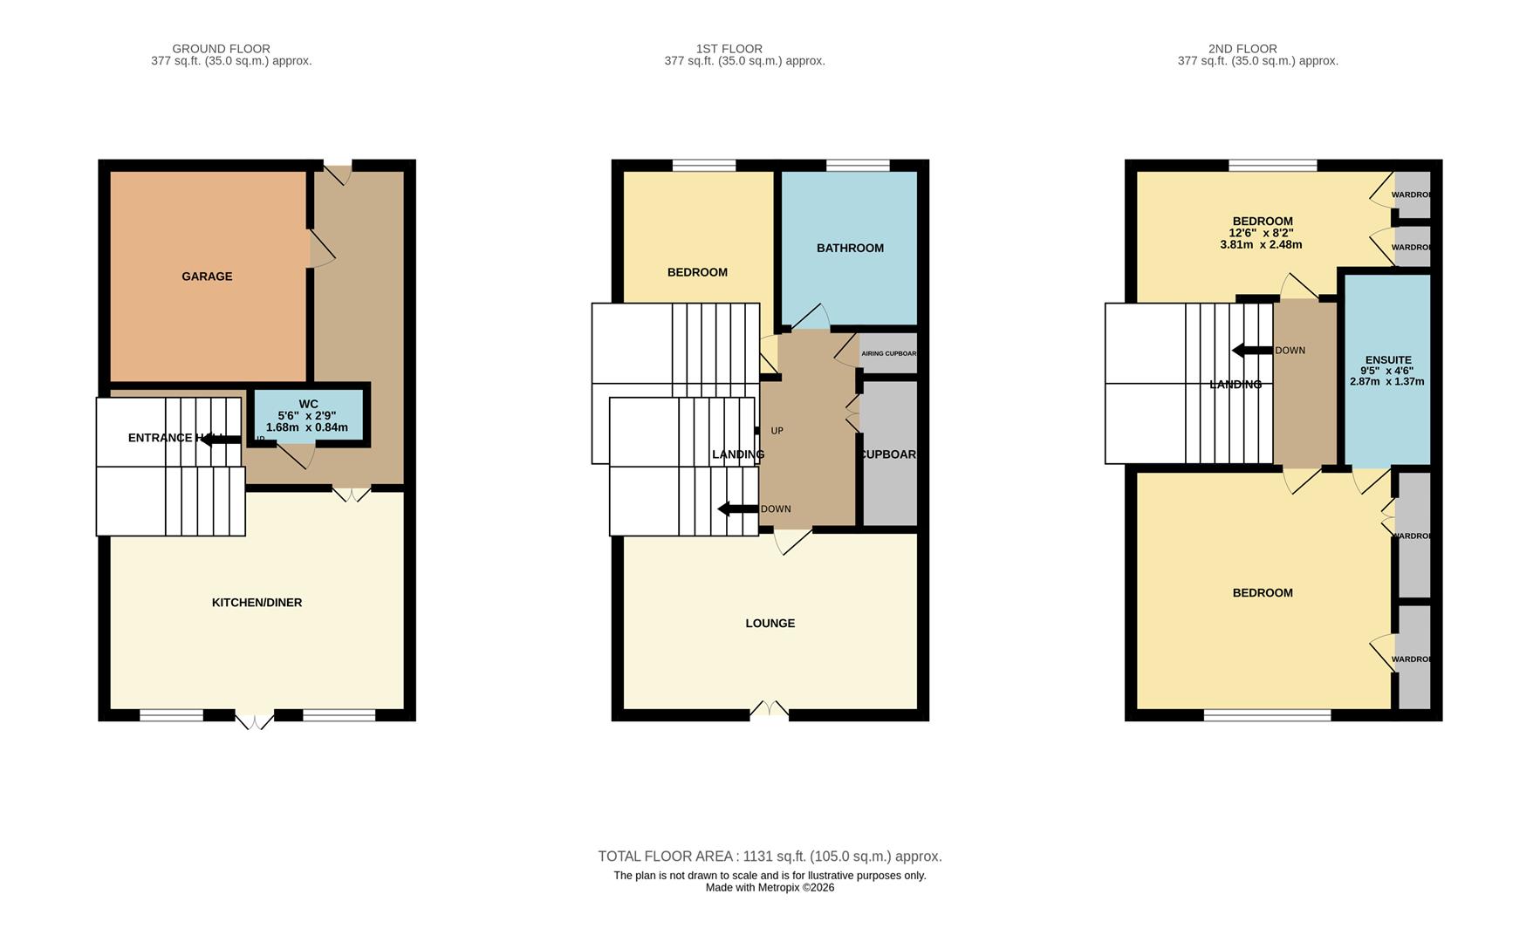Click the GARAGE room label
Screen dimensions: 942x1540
207,276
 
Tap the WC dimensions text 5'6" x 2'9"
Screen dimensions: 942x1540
307,416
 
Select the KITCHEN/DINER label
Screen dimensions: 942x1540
257,603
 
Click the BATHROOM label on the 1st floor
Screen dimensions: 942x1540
850,249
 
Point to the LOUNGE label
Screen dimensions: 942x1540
770,624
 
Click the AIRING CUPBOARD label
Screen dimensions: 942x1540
888,354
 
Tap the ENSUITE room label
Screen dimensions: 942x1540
1387,360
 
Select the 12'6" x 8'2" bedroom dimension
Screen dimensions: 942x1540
1261,233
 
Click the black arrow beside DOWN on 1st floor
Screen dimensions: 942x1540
737,509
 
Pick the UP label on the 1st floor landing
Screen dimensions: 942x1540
777,431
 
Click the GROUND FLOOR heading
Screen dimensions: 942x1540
221,49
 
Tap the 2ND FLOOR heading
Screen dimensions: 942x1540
1242,49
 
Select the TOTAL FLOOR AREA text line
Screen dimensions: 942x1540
770,857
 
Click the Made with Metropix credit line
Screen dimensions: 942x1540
770,888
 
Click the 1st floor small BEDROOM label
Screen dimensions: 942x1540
697,273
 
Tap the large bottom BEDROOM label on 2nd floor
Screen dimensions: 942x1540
1263,593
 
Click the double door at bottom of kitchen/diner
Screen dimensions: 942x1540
254,720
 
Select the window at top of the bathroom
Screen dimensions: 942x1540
858,165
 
